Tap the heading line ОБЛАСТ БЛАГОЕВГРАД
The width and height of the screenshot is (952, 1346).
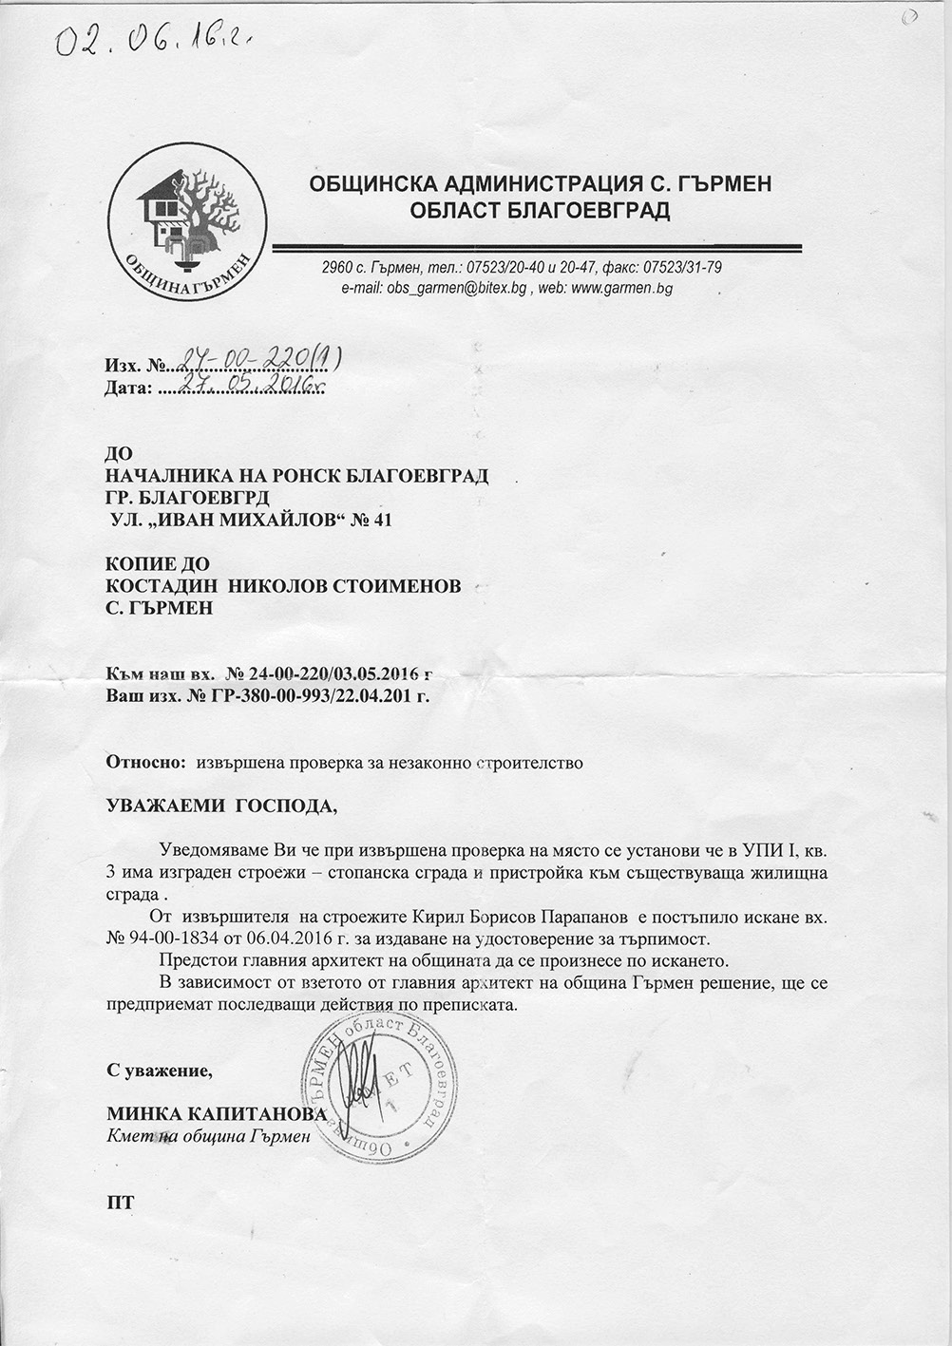(540, 211)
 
